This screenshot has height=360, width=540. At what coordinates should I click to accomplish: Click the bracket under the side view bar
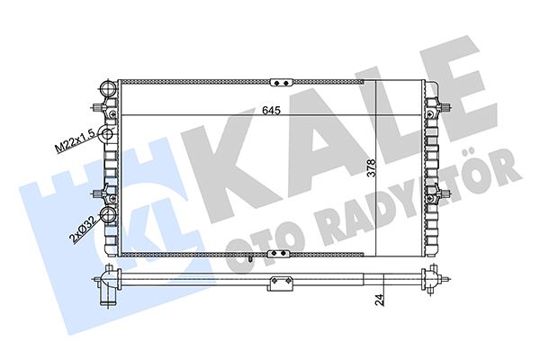tap(281, 286)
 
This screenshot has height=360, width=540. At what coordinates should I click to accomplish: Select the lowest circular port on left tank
tap(109, 216)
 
